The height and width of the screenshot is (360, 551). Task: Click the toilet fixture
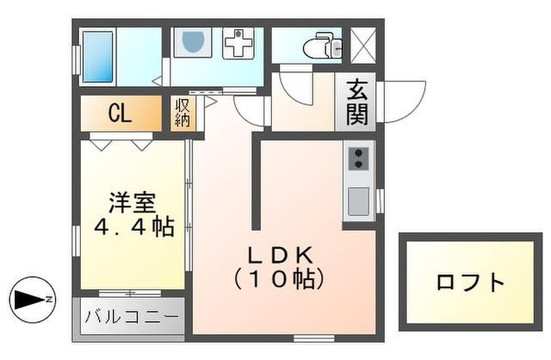(x=324, y=44)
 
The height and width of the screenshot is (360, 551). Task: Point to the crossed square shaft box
(x=362, y=44)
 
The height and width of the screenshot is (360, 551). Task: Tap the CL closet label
(x=120, y=113)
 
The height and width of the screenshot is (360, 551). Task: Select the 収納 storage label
(x=183, y=113)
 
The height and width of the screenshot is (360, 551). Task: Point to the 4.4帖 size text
(x=133, y=227)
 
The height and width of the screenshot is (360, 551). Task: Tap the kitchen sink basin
(x=358, y=201)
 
